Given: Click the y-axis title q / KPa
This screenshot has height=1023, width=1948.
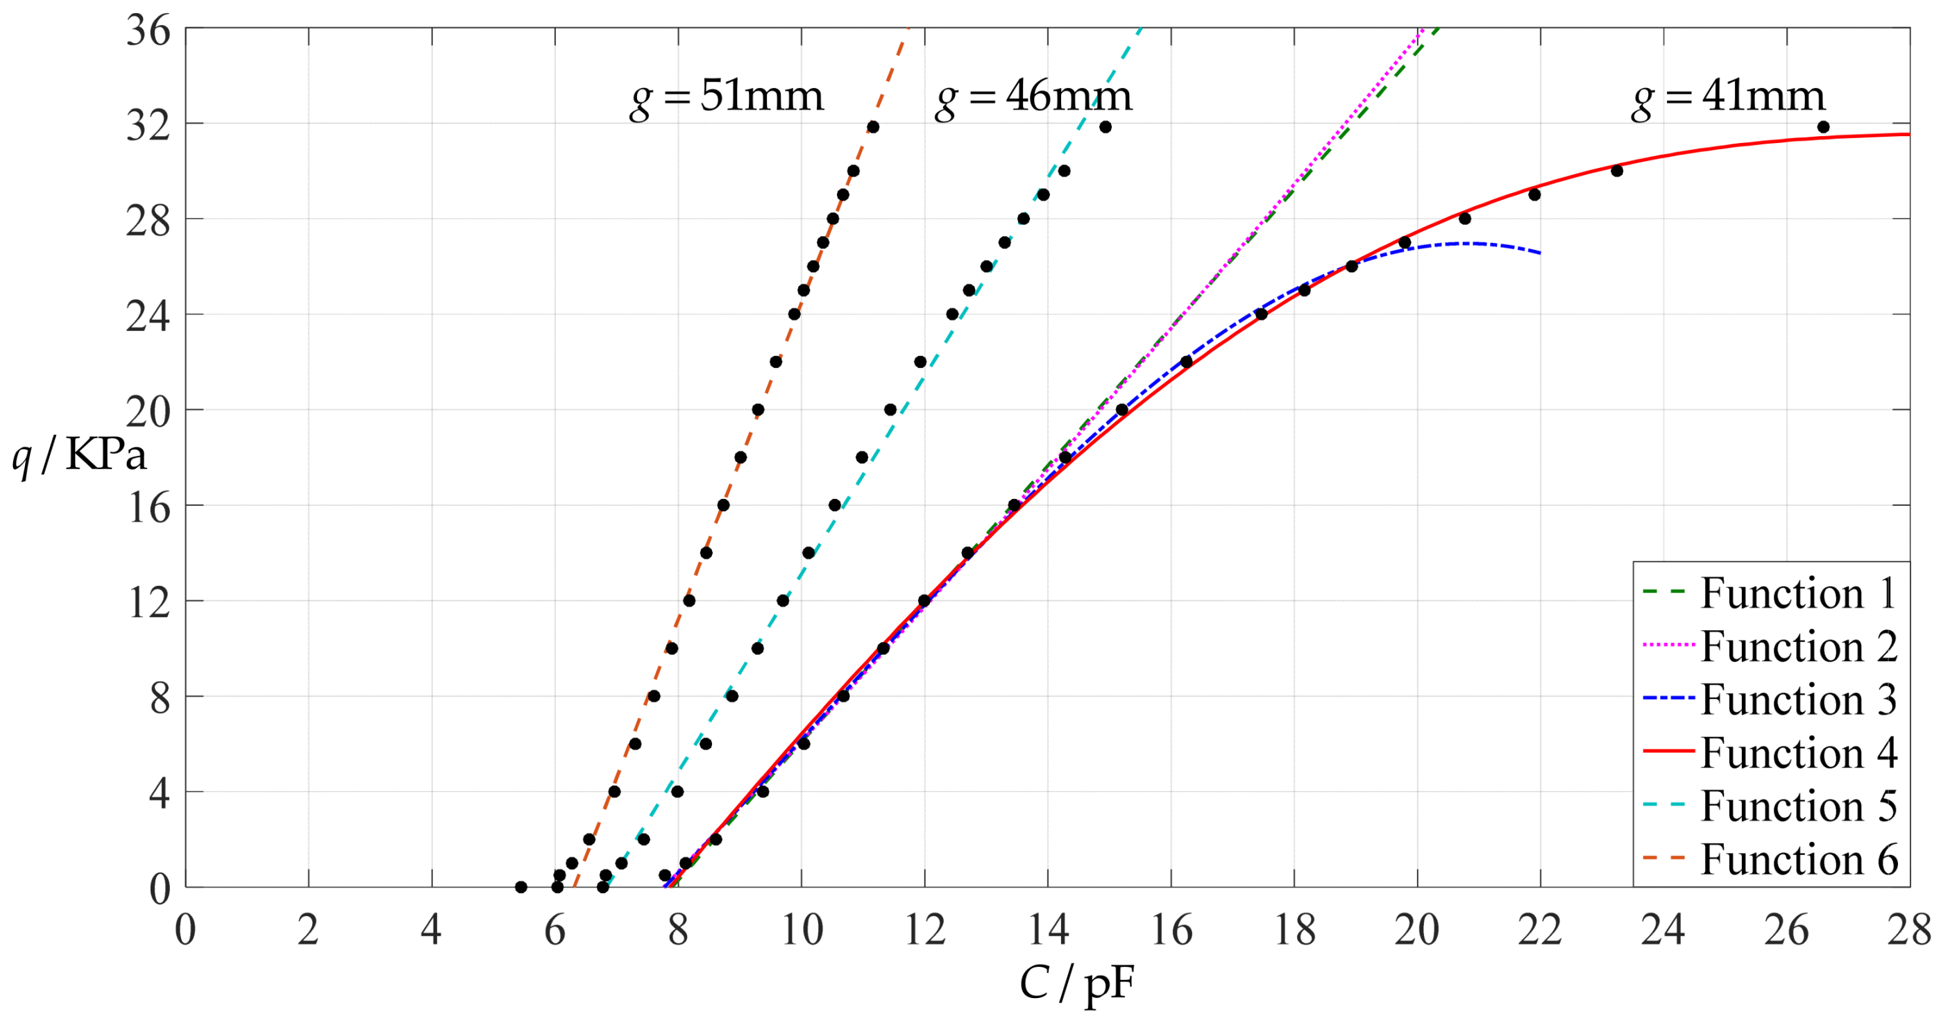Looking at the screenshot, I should tap(78, 456).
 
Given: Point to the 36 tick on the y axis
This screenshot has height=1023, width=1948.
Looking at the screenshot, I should tap(149, 32).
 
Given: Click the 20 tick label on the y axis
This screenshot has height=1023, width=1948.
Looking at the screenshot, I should tap(149, 412).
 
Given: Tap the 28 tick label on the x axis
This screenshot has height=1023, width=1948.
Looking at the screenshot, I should tap(1908, 930).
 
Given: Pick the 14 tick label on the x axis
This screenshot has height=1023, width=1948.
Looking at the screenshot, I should tap(1048, 930).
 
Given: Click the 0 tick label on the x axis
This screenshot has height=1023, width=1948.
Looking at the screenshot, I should tap(185, 930).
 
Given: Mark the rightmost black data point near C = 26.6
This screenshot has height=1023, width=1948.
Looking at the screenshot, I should tap(1823, 127).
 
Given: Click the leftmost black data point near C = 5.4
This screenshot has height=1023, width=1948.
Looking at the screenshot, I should tap(521, 887).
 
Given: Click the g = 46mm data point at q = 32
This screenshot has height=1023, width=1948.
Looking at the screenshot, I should tap(1106, 127).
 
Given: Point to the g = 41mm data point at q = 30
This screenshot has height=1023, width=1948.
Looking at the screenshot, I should tap(1617, 171).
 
